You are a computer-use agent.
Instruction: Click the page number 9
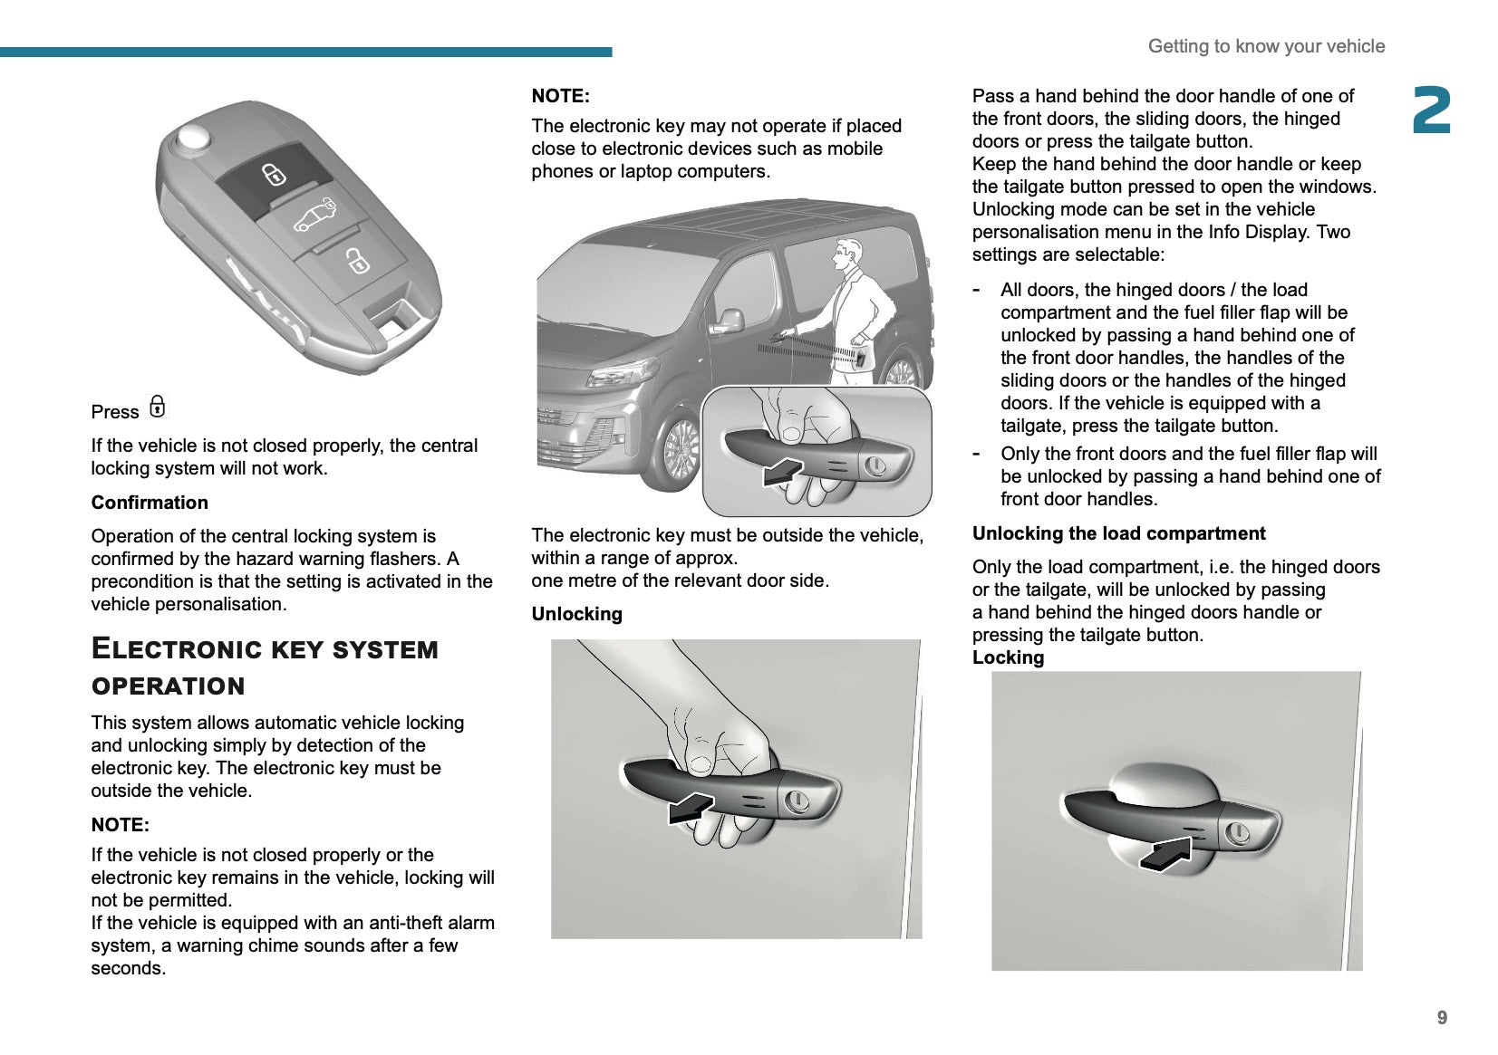pyautogui.click(x=1442, y=1018)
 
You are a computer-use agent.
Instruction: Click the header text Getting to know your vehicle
pyautogui.click(x=1266, y=46)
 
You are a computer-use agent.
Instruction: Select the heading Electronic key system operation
pyautogui.click(x=265, y=667)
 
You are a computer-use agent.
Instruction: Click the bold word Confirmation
pyautogui.click(x=150, y=503)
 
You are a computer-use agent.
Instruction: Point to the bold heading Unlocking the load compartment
pyautogui.click(x=1118, y=533)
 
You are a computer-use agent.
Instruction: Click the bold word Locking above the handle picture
pyautogui.click(x=1008, y=657)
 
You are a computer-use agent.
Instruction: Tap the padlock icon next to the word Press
pyautogui.click(x=158, y=408)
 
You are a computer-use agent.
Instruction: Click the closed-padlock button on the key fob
pyautogui.click(x=275, y=173)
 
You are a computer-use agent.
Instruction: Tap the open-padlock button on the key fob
pyautogui.click(x=357, y=262)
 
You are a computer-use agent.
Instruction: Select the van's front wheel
pyautogui.click(x=681, y=448)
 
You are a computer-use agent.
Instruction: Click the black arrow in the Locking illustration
pyautogui.click(x=1165, y=855)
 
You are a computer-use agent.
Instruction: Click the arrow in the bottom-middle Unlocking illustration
pyautogui.click(x=690, y=807)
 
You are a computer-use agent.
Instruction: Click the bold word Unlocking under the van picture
pyautogui.click(x=576, y=614)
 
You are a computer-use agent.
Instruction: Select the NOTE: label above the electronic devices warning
pyautogui.click(x=560, y=96)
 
